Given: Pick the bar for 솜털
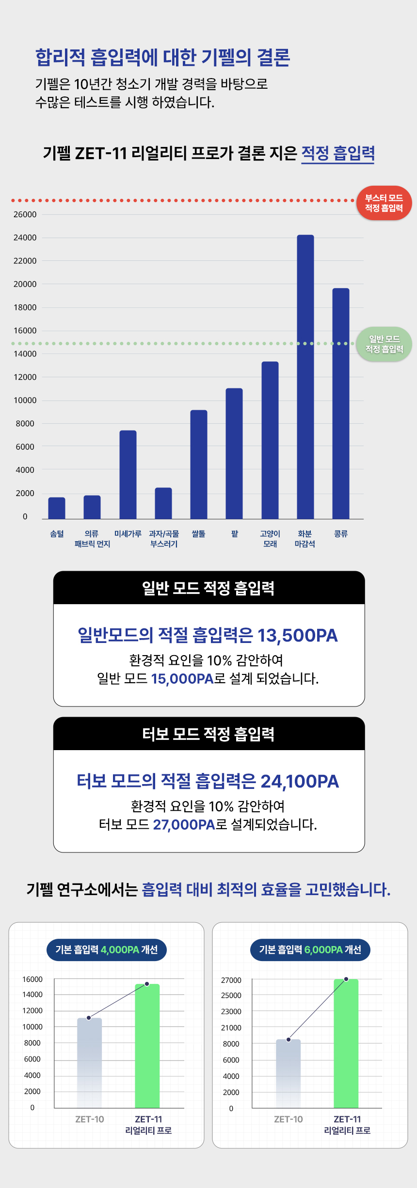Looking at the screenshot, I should [x=57, y=508].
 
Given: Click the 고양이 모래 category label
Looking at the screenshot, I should [x=270, y=539].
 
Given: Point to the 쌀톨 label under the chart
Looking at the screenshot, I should [x=198, y=534].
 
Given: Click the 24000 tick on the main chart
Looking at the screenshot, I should [x=25, y=238].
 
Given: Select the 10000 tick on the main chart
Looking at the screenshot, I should [x=25, y=401].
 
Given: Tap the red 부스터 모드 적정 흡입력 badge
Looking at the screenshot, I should [x=384, y=203].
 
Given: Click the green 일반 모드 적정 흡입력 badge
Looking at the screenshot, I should [x=384, y=344].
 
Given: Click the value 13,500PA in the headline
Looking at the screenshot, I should [x=297, y=635].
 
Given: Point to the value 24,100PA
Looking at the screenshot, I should [x=300, y=781].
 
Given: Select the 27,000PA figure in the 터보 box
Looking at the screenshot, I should [x=184, y=824].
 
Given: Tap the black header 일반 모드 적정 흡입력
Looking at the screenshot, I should [x=208, y=588].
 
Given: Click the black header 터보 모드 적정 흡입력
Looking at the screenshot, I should [x=208, y=734].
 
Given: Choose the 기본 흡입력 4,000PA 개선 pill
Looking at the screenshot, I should [x=107, y=949].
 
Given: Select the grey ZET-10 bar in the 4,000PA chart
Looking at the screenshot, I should [x=89, y=1062].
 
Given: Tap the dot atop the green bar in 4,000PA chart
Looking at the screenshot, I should [x=147, y=984].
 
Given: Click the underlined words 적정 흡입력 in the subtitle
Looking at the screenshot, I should [x=338, y=153].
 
